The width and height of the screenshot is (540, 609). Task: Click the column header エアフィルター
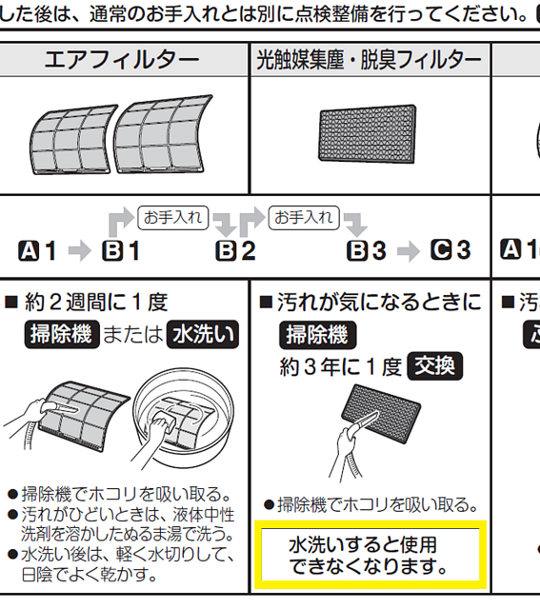[x=122, y=60]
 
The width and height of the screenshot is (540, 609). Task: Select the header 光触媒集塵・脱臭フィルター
[x=369, y=60]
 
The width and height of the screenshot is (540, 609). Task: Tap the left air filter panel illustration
[x=73, y=140]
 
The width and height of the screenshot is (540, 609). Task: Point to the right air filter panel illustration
[x=163, y=134]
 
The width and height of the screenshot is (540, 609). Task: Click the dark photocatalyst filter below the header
[x=368, y=134]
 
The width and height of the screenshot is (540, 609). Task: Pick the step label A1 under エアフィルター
[x=37, y=250]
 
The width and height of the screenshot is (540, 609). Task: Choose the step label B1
[x=121, y=250]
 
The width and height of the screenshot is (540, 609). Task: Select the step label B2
[x=235, y=250]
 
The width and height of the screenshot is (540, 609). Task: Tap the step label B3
[x=367, y=250]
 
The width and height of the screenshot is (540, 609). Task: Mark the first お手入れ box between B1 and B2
[x=173, y=218]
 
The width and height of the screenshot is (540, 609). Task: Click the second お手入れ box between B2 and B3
[x=304, y=218]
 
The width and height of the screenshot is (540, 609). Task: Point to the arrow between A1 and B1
[x=80, y=251]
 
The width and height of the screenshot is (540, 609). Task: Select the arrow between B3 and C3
[x=409, y=251]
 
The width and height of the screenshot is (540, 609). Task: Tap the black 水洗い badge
[x=203, y=334]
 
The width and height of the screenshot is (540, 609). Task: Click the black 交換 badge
[x=434, y=365]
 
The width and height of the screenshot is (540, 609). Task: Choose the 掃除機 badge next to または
[x=62, y=334]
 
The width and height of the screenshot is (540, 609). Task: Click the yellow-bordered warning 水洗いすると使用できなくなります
[x=370, y=555]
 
